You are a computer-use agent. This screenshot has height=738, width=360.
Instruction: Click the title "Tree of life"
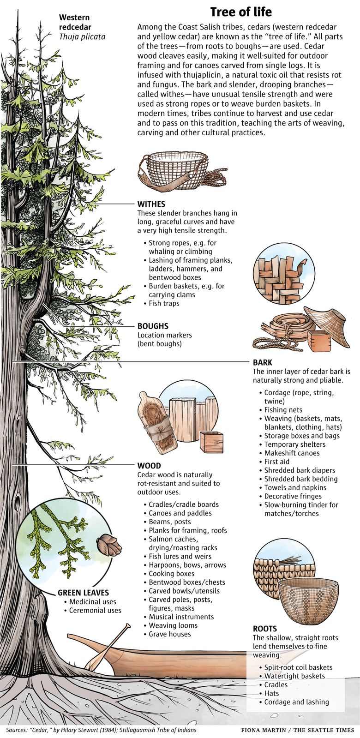[241, 12]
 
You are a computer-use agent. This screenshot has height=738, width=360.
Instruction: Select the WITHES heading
[151, 204]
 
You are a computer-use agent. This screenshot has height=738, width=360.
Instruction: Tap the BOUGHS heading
[153, 326]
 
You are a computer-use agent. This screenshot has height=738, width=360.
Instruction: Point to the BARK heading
[263, 362]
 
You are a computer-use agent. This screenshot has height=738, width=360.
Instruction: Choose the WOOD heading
[149, 466]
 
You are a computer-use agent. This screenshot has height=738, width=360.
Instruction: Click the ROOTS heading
[265, 629]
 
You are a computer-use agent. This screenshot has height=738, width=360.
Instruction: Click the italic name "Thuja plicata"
[82, 36]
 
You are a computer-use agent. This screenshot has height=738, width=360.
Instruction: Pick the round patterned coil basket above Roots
[308, 598]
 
